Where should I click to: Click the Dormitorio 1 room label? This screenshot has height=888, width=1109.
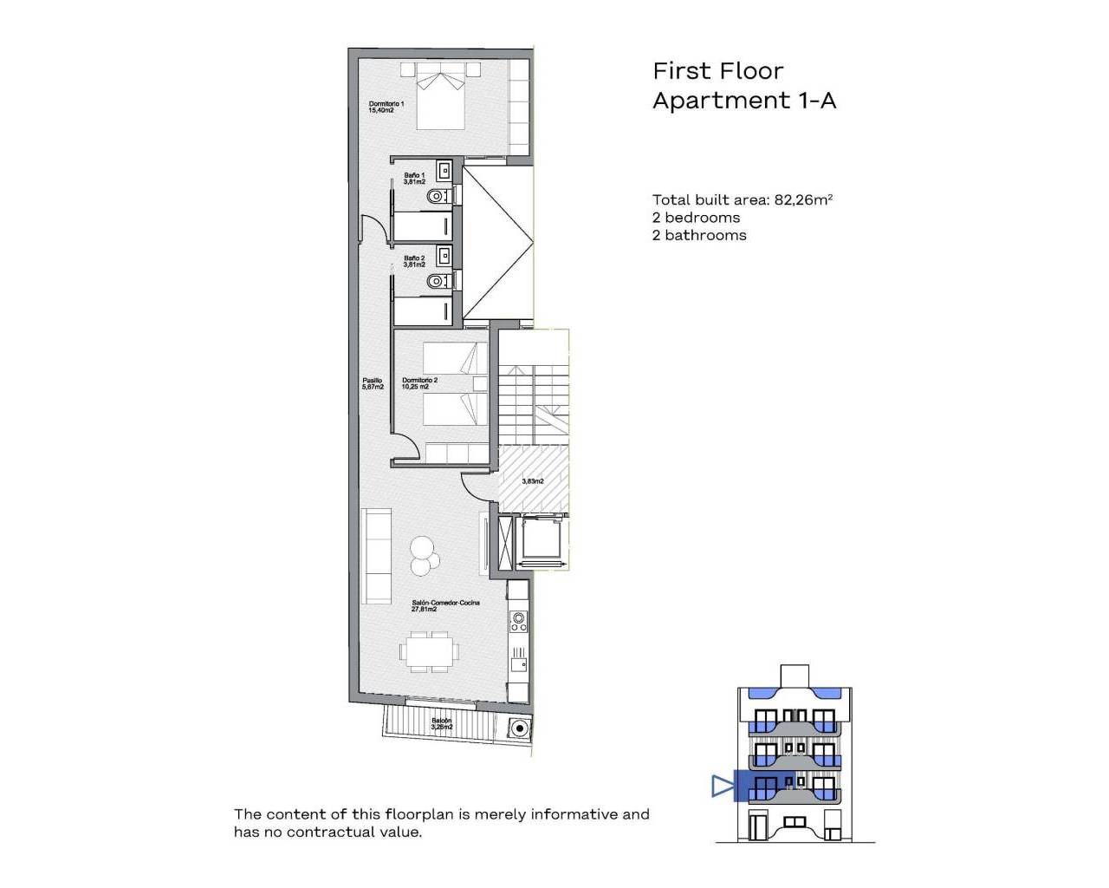coord(386,107)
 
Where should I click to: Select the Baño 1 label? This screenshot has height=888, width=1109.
coord(414,179)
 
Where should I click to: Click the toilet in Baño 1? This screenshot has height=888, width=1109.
coord(438,197)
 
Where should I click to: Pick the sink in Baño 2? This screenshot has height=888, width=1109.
coord(444,255)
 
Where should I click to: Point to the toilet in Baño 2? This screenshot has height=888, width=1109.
coord(438,281)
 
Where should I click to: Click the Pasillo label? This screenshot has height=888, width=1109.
coord(373,383)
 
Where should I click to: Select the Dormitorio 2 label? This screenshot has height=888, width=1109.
coord(419,383)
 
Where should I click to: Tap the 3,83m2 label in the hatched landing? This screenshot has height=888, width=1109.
coord(533,481)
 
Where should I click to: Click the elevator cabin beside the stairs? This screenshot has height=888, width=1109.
coord(542,541)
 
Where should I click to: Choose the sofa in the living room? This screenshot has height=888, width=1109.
coord(376,556)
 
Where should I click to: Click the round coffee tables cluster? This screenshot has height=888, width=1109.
coord(423,556)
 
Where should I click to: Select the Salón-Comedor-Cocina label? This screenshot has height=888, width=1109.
coord(445,605)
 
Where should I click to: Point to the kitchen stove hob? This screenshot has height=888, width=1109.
coord(519,620)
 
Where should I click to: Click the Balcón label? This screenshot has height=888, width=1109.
coord(442,724)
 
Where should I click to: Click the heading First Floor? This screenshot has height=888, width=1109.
coord(717,71)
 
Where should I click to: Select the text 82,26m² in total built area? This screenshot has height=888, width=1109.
coord(803,199)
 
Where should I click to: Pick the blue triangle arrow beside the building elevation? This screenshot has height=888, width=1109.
coord(722,787)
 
